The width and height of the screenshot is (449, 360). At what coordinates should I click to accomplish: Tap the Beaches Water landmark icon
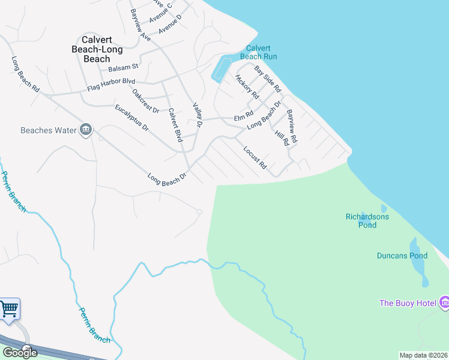coord(86,130)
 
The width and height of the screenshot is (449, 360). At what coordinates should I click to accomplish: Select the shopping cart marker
coord(9,309)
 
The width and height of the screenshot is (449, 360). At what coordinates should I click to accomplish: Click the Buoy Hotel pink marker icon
coord(444,301)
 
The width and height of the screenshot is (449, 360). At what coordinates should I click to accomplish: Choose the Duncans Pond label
coord(402,256)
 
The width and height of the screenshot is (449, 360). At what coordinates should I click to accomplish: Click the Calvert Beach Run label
coord(261,53)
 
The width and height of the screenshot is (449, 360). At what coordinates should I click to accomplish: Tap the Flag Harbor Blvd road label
coord(111,85)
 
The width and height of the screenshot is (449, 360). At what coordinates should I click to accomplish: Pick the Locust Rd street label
coord(255,157)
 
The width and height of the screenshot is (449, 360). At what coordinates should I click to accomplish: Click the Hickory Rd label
coord(247,86)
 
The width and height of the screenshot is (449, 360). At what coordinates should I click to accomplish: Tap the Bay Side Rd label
coord(268,79)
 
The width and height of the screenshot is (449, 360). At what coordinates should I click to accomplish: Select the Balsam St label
coord(124,66)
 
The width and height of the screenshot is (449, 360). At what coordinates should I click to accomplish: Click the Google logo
coord(19,352)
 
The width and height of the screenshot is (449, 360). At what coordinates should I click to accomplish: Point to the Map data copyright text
coord(423,355)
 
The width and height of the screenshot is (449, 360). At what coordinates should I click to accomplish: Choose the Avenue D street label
coord(170,25)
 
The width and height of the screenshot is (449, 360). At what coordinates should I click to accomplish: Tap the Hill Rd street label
coord(282,138)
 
